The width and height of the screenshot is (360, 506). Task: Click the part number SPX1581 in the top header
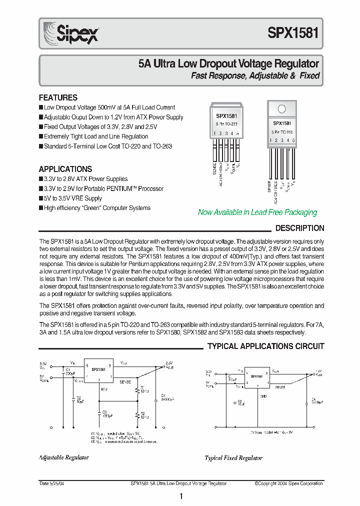click(293, 33)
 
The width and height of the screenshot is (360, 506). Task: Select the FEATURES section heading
click(58, 97)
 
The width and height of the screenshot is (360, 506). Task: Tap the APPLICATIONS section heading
click(65, 169)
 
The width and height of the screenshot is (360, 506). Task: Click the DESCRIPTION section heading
click(300, 228)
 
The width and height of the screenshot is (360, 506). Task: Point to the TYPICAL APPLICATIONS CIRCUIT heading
click(265, 346)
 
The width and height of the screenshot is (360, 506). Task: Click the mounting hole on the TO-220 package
click(281, 109)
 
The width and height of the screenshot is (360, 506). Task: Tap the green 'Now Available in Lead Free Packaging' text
click(257, 212)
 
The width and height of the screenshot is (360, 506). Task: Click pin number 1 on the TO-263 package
click(214, 133)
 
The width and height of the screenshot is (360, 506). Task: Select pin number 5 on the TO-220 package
click(293, 140)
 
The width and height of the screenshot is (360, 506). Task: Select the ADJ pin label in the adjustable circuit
click(103, 388)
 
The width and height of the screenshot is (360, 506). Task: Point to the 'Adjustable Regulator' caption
click(63, 457)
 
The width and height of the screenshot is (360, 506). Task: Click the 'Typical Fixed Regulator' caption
click(233, 457)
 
